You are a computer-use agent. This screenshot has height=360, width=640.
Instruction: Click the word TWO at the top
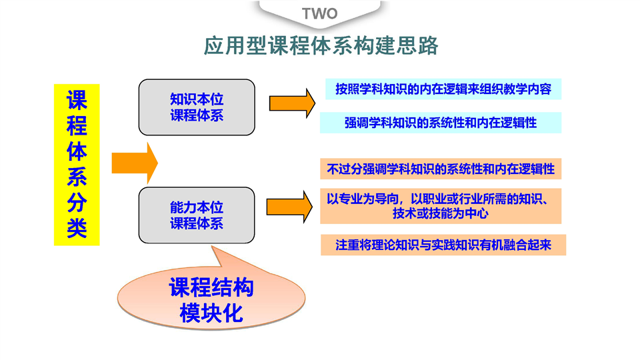[x=319, y=13]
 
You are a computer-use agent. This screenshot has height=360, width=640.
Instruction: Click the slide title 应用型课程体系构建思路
[x=321, y=45]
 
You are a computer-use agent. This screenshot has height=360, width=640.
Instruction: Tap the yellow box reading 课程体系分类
[x=77, y=165]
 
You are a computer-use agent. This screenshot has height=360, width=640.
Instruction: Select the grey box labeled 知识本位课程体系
[x=197, y=107]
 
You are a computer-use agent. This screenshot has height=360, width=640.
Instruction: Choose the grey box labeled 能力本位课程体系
[x=197, y=215]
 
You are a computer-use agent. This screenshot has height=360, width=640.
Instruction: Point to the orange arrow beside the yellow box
[x=135, y=163]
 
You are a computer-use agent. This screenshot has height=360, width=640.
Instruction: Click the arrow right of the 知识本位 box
[x=292, y=103]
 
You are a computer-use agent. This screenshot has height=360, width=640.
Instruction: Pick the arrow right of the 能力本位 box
[x=289, y=207]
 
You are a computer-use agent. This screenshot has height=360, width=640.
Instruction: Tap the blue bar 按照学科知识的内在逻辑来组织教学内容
[x=443, y=89]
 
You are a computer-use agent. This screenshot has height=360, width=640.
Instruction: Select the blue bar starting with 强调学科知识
[x=441, y=123]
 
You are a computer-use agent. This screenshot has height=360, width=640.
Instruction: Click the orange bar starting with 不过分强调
[x=441, y=169]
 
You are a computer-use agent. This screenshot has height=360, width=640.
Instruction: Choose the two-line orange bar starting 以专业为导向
[x=441, y=206]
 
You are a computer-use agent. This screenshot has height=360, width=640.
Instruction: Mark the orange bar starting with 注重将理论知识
[x=443, y=245]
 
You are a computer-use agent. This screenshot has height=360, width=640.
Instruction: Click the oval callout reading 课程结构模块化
[x=211, y=296]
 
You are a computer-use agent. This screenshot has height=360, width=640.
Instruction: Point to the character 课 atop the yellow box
[x=77, y=100]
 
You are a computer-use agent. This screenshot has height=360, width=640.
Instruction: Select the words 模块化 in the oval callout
[x=211, y=313]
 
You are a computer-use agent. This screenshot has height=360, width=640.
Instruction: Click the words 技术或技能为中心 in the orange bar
[x=441, y=213]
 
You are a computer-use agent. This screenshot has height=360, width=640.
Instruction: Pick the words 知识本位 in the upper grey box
[x=197, y=99]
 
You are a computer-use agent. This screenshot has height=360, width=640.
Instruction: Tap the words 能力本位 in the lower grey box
[x=197, y=207]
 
